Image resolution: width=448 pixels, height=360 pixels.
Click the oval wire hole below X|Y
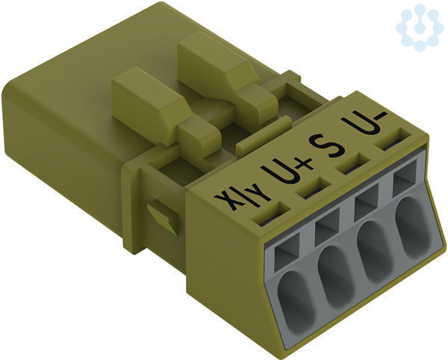(295, 302)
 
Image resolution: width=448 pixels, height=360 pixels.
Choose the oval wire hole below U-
(411, 228)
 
